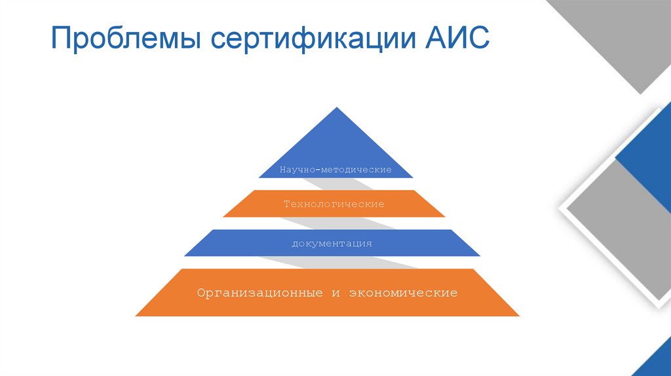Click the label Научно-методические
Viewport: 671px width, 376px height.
tap(335, 170)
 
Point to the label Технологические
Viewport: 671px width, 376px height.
tap(334, 204)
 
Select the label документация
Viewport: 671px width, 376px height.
tap(332, 244)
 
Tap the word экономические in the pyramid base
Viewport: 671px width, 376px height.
tap(403, 292)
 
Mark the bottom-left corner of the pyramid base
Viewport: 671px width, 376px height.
tap(136, 316)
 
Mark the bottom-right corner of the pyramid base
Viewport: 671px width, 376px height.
tap(519, 316)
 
